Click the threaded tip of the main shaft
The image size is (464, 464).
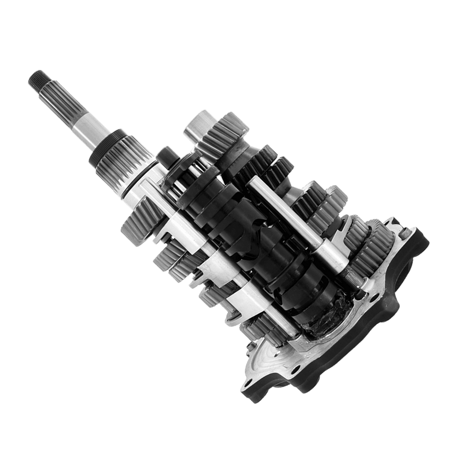(37, 80)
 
